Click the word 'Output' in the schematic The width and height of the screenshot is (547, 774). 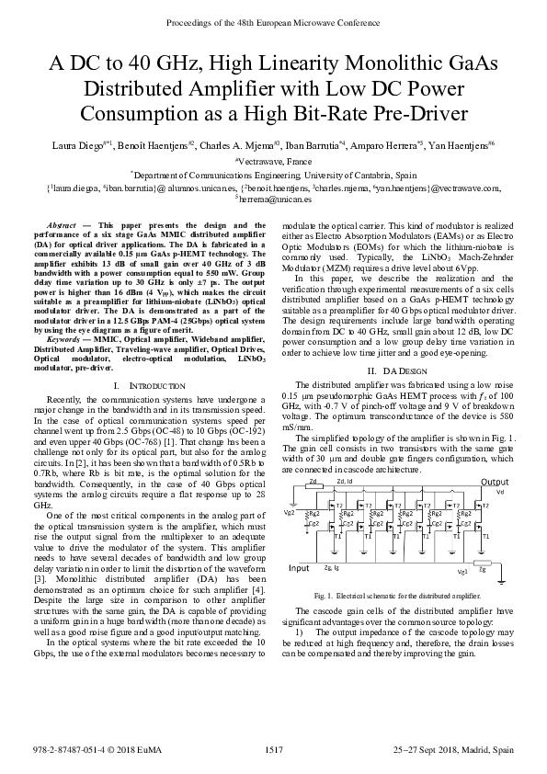[494, 482]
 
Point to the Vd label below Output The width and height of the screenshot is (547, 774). [499, 492]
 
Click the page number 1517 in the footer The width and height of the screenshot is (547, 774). [273, 751]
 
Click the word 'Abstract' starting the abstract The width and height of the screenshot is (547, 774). [61, 224]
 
